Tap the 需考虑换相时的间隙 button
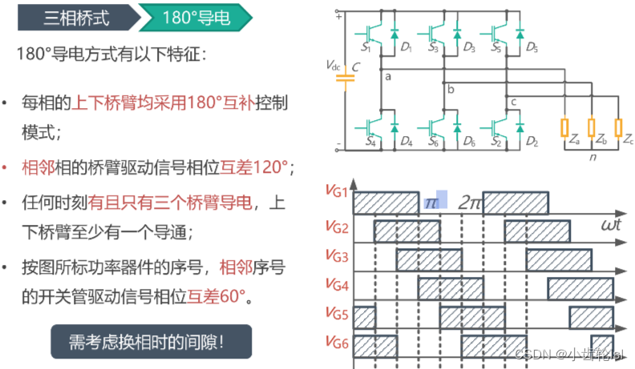coord(151,339)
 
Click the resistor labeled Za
coord(564,128)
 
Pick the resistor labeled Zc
coord(618,128)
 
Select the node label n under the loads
coord(592,158)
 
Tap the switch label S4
coord(370,142)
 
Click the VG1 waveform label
coord(338,191)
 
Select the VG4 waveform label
coord(338,283)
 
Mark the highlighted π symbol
coord(432,200)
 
